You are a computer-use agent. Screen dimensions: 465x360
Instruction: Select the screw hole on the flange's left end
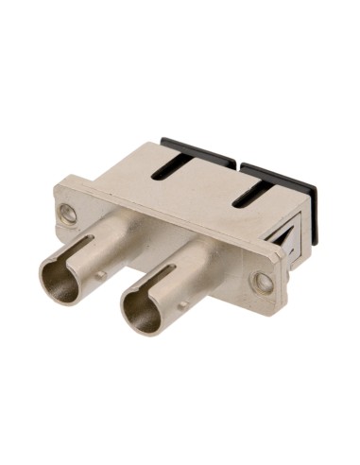pyautogui.click(x=68, y=215)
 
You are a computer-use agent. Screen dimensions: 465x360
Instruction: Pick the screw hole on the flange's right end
pyautogui.click(x=264, y=281)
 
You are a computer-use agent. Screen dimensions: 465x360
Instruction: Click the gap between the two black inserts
pyautogui.click(x=236, y=164)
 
